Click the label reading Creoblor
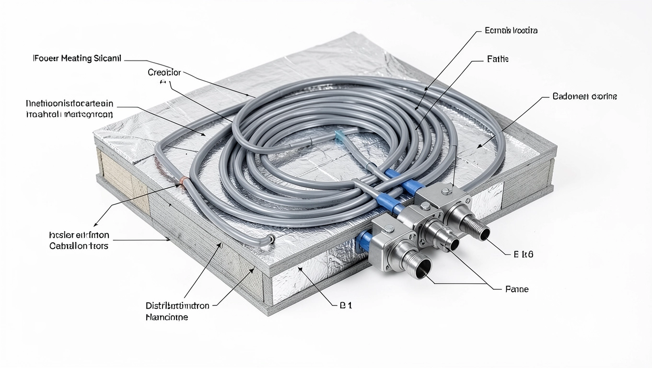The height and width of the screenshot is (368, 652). pos(164,73)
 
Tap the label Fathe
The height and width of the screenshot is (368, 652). pos(498,59)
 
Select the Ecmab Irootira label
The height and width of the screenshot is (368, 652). pos(511,31)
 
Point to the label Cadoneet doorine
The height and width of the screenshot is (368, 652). pos(584,97)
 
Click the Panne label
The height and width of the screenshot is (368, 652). pos(517,289)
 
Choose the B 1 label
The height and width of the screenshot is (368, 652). pos(345,306)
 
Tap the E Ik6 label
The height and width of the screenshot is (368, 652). pos(523,255)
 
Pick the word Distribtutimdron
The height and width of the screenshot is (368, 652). pos(177,306)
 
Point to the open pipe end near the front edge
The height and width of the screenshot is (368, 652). pos(271,238)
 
